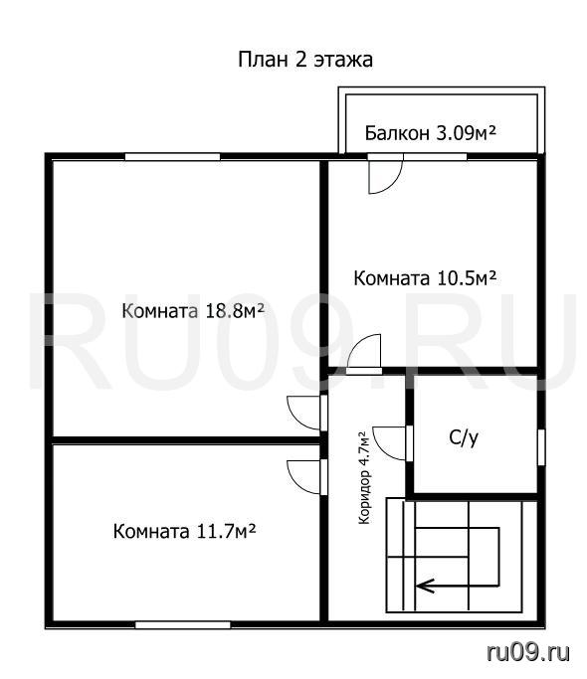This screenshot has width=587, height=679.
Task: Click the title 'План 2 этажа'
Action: click(305, 60)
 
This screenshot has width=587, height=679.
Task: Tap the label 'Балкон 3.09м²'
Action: click(431, 133)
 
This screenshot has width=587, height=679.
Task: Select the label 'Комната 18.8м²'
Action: click(193, 311)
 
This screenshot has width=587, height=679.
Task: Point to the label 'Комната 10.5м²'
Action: click(425, 278)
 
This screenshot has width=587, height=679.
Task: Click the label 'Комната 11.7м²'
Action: click(184, 531)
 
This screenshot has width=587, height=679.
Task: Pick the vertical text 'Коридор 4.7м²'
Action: click(364, 477)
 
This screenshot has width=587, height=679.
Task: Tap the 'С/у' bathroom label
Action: click(464, 438)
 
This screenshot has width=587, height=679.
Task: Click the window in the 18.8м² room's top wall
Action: click(172, 157)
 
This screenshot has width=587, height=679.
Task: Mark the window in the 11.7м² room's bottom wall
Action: click(182, 625)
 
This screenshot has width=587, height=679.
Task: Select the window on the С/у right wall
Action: click(541, 447)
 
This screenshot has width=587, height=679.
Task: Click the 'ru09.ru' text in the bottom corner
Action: click(528, 652)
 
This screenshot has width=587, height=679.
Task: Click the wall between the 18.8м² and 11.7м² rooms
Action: click(186, 440)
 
